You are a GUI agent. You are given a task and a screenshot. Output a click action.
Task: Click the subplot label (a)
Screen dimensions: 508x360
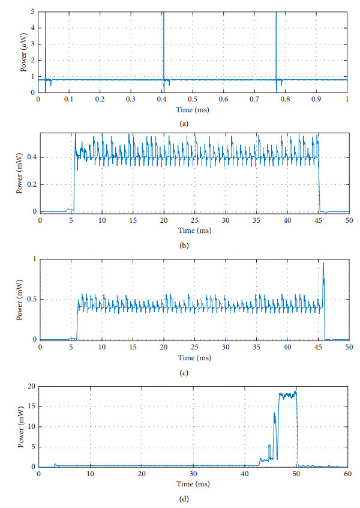coord(184,122)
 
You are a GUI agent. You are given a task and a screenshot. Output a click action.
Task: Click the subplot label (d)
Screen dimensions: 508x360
coord(184,496)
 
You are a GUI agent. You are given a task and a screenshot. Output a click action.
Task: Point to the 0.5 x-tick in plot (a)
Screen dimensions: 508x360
coord(193,98)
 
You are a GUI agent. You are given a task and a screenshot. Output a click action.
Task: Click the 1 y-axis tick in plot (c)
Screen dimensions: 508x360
coord(34,259)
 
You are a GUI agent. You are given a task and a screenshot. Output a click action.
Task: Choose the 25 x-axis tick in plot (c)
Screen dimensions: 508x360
coord(194,348)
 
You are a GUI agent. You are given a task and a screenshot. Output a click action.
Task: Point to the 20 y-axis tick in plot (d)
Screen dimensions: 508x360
coord(31,386)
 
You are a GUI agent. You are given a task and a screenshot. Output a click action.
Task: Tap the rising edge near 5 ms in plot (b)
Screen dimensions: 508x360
coord(74,180)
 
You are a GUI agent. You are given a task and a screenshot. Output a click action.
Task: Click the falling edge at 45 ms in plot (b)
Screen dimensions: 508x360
coord(319,186)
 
